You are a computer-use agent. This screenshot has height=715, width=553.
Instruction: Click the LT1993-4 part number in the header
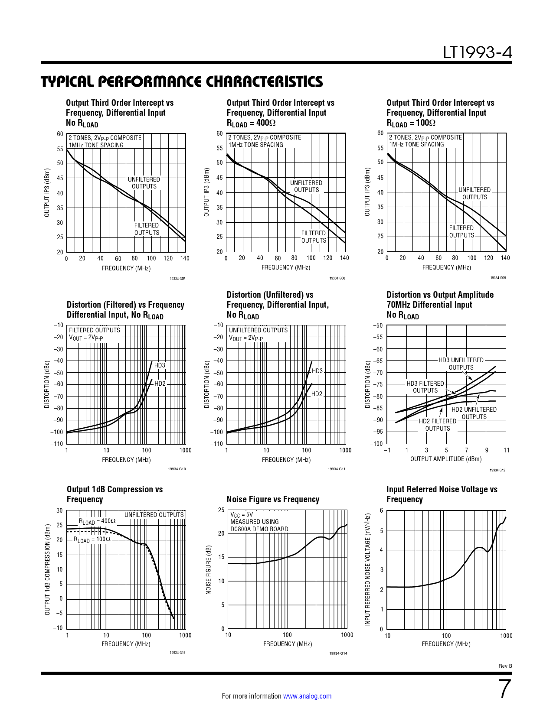pos(477,52)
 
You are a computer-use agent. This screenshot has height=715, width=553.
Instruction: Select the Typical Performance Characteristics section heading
pos(182,82)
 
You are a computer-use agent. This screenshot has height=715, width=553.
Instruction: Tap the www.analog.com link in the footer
pos(307,696)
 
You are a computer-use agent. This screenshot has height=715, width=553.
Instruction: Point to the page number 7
pos(504,689)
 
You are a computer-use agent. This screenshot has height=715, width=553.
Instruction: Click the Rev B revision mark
pos(505,666)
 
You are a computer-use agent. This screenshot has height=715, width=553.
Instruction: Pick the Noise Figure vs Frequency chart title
pos(273,499)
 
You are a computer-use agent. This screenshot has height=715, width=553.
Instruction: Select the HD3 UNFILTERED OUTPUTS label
pos(461,364)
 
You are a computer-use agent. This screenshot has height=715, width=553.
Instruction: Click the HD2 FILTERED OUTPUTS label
pos(437,425)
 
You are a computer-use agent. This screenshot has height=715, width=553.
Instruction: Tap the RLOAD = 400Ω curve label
pos(97,521)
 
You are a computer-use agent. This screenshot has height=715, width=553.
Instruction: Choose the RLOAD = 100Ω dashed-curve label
pos(92,539)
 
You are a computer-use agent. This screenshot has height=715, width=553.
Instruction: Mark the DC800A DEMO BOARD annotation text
pos(259,529)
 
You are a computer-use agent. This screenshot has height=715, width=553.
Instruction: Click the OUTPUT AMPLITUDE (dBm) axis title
pos(445,459)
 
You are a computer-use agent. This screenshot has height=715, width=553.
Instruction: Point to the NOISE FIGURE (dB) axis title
pos(209,569)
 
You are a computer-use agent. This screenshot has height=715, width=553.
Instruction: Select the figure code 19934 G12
pos(497,470)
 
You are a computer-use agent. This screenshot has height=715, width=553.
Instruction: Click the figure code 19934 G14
pos(338,653)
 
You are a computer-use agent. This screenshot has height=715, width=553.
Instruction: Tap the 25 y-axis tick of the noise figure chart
pos(221,510)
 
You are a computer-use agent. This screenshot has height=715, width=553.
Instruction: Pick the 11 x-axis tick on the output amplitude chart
pos(507,450)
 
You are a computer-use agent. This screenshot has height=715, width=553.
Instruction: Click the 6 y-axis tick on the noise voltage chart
pos(381,510)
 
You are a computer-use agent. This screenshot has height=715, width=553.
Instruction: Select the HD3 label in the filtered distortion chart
pos(160,365)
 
